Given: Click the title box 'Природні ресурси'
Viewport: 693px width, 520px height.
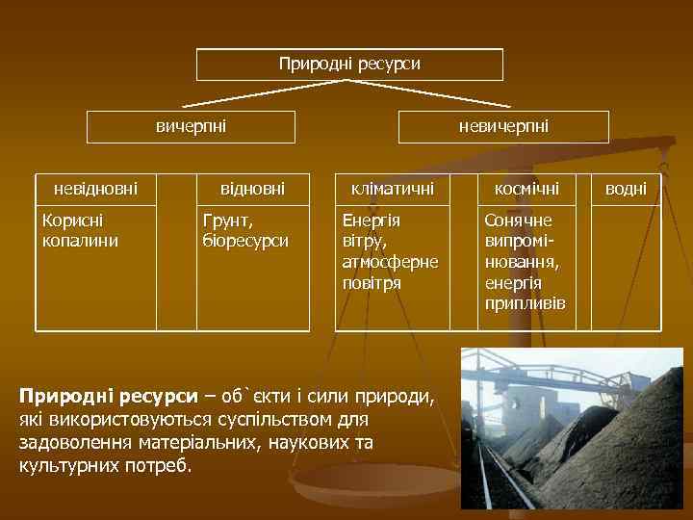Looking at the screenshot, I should point(349,65).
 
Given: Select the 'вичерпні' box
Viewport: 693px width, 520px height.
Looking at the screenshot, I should point(191,127).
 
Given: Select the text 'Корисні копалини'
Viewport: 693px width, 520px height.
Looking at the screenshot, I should point(80,231).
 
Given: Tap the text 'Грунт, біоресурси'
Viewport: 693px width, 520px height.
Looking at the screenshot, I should point(244,231).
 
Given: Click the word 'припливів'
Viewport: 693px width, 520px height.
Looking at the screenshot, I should point(526,303).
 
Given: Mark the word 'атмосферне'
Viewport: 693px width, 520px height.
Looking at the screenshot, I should point(390,262).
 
